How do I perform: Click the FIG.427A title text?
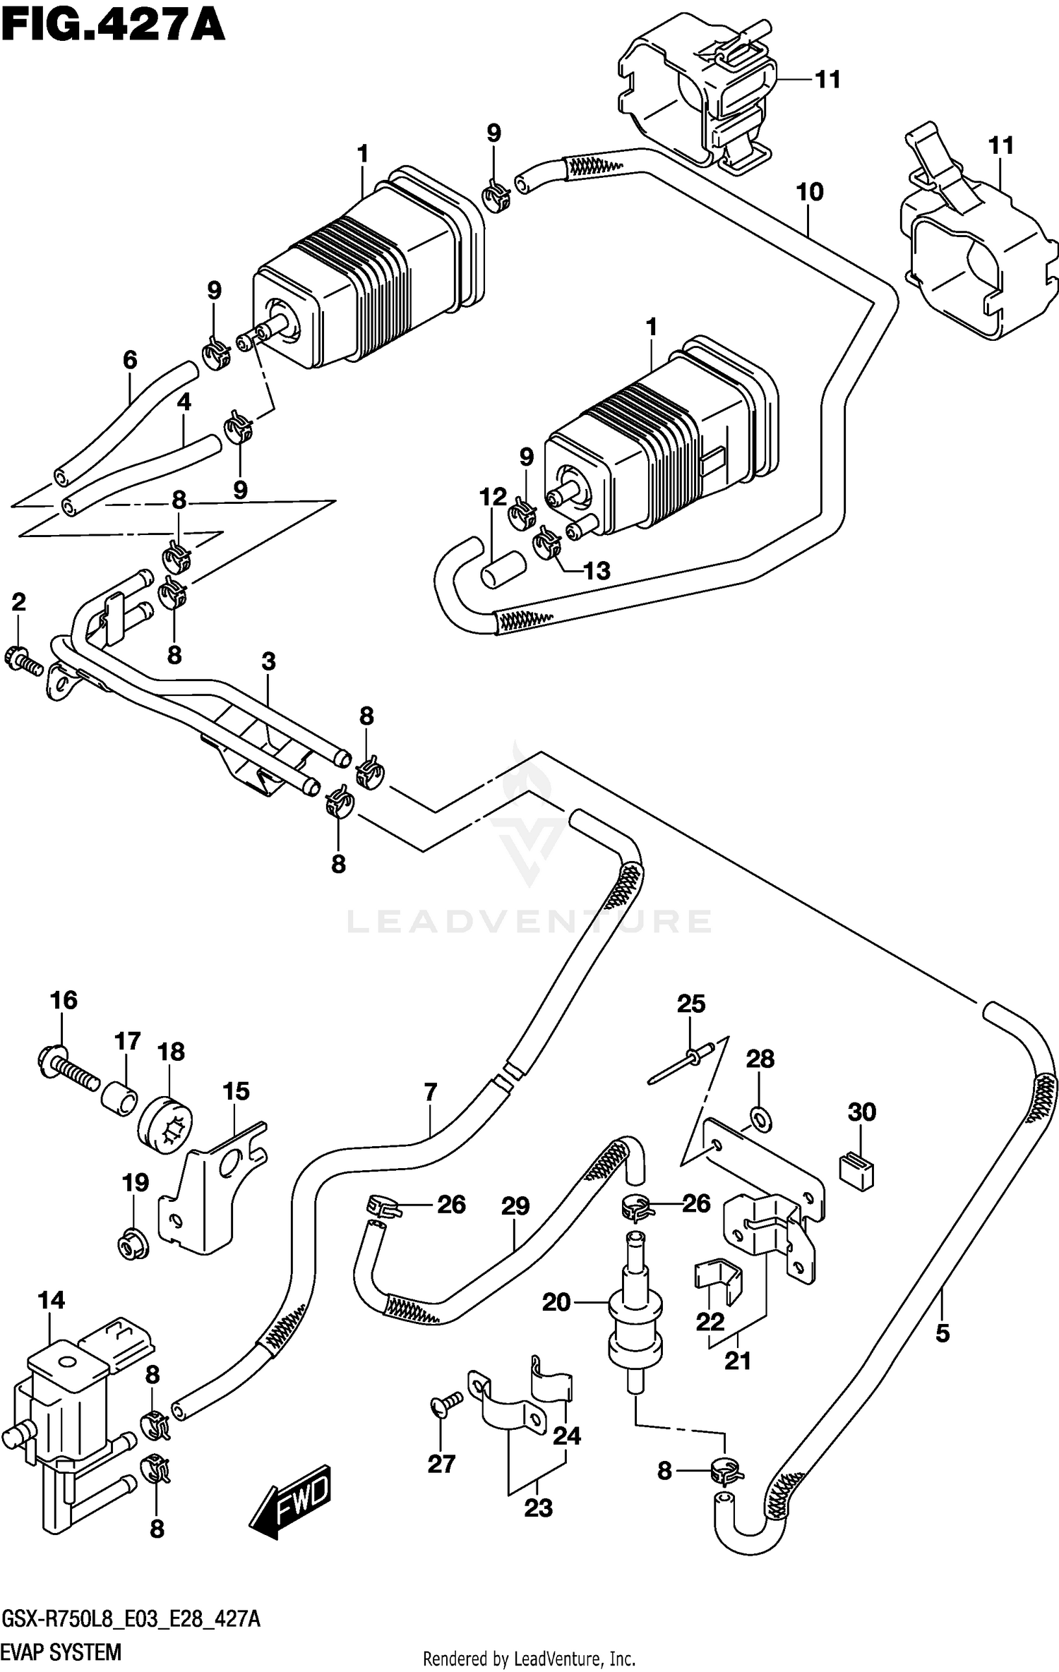[113, 27]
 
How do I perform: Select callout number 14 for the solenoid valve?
[52, 1299]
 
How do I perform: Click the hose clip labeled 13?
[547, 544]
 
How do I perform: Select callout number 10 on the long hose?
[810, 191]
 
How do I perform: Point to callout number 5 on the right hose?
[942, 1333]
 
